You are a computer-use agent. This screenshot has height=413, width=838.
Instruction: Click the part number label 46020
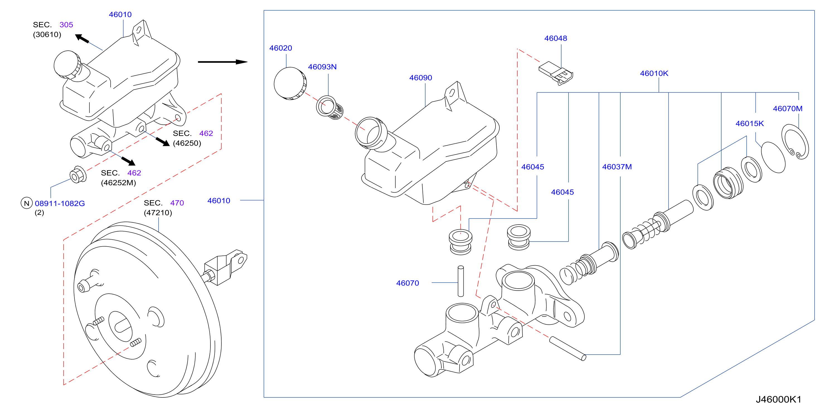point(280,48)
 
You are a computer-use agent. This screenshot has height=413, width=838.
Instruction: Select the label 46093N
point(322,67)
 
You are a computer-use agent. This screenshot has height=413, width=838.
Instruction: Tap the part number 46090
point(420,78)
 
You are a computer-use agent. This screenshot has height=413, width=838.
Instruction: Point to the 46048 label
point(555,38)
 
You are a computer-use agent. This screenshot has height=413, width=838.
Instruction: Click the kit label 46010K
point(654,73)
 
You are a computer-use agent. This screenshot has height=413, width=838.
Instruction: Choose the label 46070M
point(787,109)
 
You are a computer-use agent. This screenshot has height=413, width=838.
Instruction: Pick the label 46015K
point(749,124)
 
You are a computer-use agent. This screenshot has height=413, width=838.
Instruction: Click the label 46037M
point(617,167)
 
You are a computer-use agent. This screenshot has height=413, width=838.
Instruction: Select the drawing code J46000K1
point(778,399)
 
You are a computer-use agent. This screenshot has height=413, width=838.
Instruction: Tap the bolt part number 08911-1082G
point(60,203)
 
